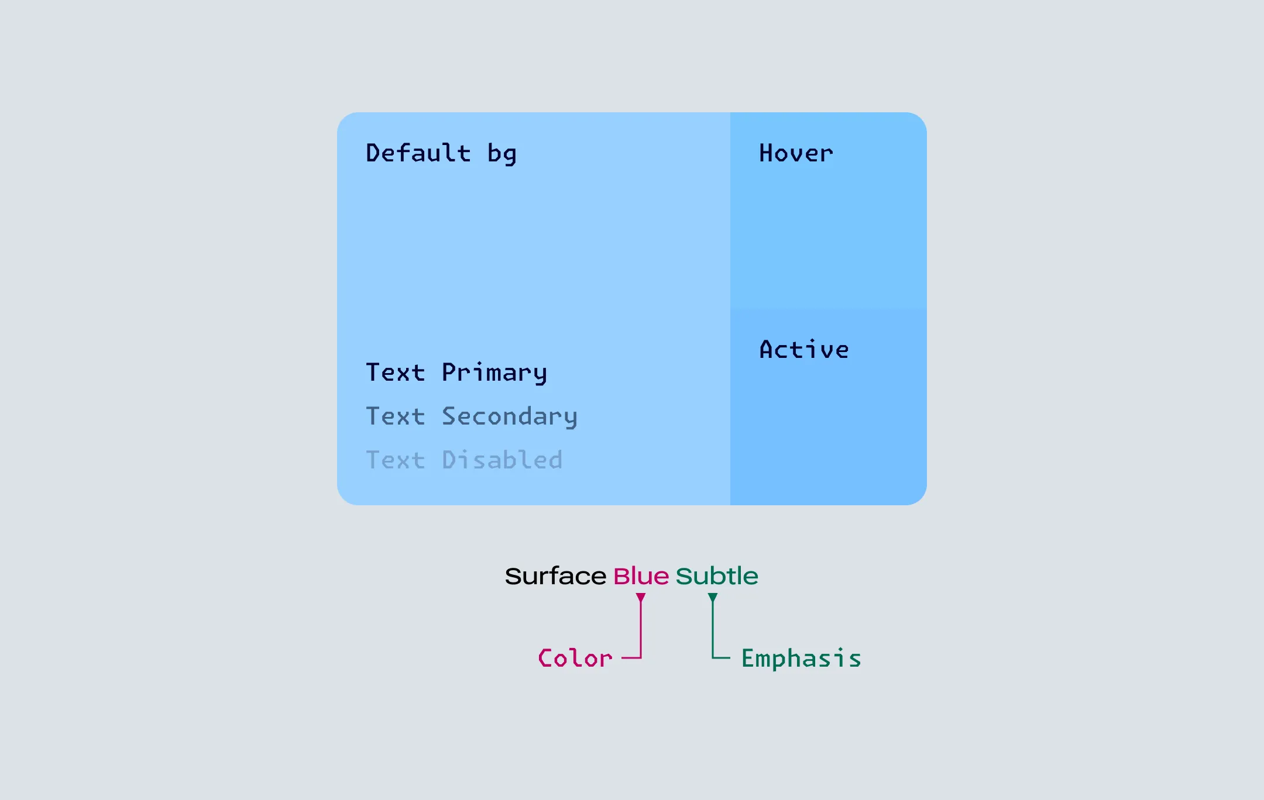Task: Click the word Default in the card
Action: point(418,153)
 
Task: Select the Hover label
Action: point(796,153)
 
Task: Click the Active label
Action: point(804,349)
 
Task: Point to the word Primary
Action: point(494,373)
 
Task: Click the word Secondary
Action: point(510,417)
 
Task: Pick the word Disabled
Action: point(502,460)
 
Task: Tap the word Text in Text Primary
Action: point(396,373)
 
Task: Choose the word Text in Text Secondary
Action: point(396,416)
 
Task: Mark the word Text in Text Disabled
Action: point(396,460)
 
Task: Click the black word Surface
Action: point(555,576)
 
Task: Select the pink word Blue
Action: point(641,576)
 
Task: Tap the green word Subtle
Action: point(717,576)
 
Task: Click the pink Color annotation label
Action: point(575,658)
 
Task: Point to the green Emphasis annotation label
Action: point(801,658)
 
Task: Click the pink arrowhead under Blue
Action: point(641,598)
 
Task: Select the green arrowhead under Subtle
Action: point(712,598)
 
